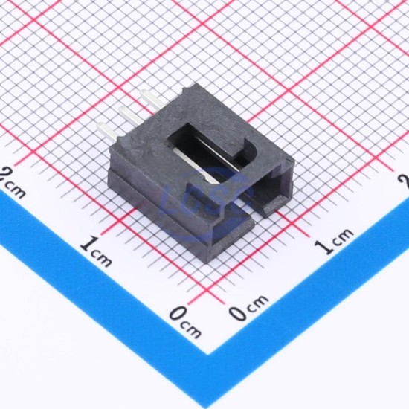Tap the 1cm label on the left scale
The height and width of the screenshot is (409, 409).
(x=96, y=251)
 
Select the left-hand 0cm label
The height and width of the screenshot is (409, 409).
(x=185, y=323)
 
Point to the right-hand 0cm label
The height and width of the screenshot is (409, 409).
(x=248, y=307)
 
